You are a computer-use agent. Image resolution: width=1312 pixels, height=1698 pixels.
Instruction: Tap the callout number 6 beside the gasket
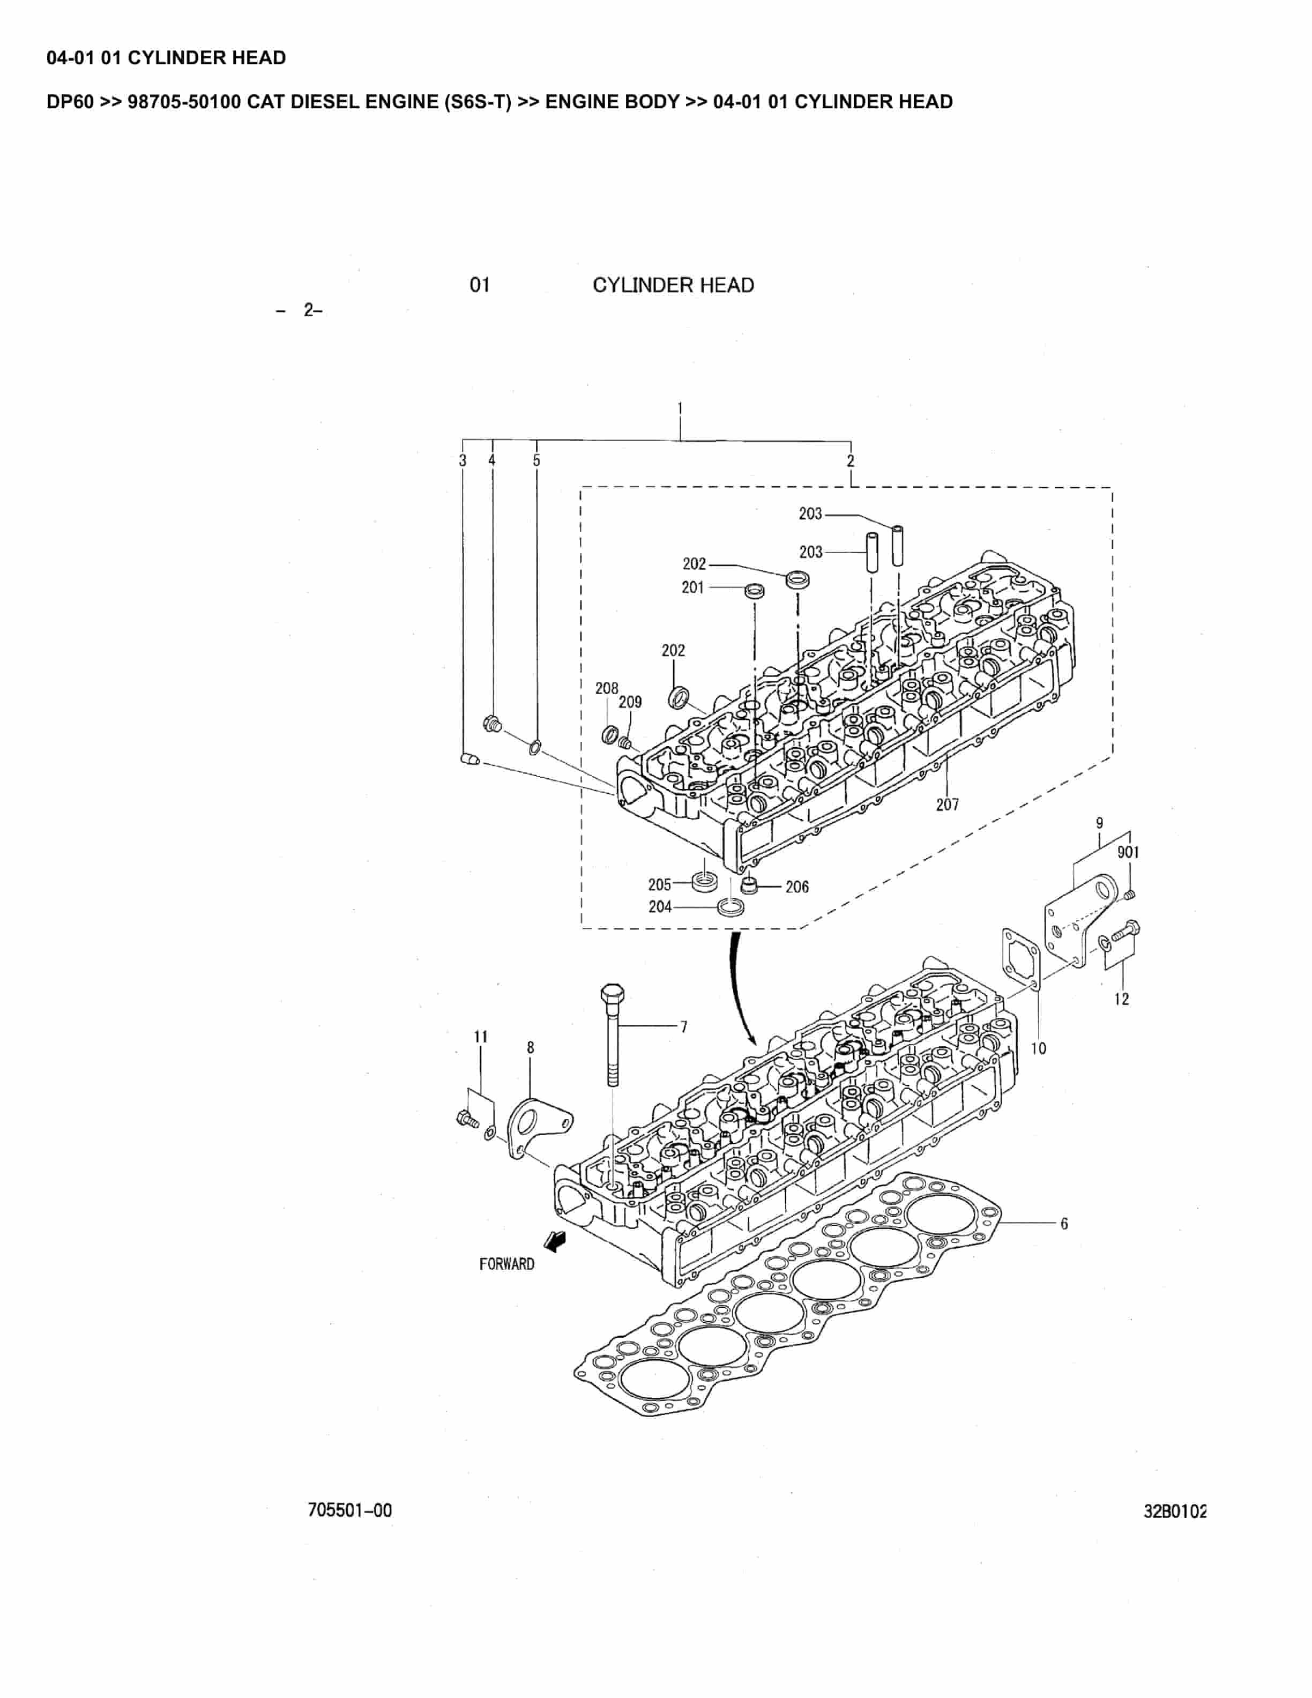(x=1063, y=1224)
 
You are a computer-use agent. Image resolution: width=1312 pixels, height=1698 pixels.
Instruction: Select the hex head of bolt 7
(x=609, y=994)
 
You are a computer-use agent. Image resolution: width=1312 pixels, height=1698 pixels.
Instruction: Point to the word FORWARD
(x=507, y=1264)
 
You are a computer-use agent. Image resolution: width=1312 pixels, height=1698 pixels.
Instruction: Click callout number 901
(x=1128, y=852)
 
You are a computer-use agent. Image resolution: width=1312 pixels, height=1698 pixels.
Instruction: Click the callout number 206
(x=796, y=887)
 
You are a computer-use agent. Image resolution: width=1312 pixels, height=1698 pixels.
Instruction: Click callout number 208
(x=606, y=688)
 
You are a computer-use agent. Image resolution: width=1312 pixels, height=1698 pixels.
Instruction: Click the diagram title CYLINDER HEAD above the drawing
(x=673, y=285)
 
